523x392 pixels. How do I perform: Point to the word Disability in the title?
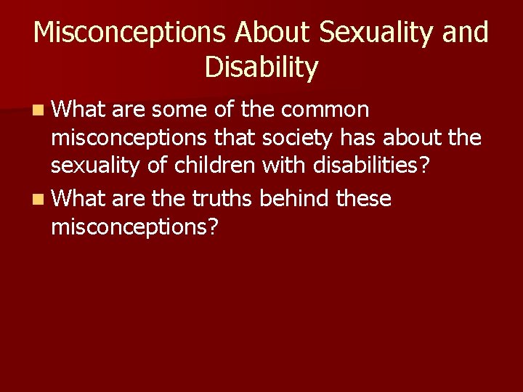coord(261,68)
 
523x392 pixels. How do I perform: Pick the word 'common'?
coord(325,110)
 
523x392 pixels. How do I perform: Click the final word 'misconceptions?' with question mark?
coord(134,227)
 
